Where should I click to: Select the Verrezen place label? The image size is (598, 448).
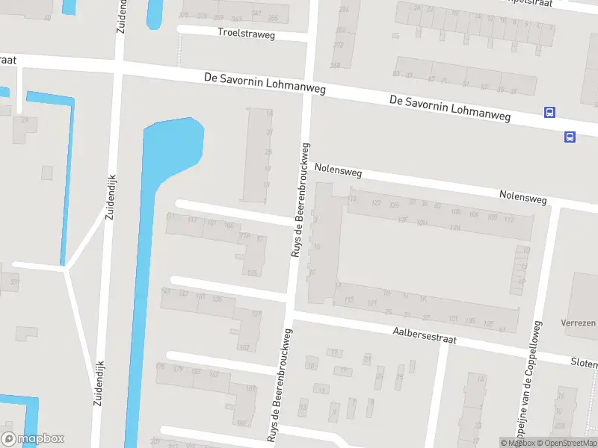[x=579, y=323]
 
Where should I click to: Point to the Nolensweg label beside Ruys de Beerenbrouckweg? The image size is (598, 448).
[x=339, y=171]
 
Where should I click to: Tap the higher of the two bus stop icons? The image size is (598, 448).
[x=550, y=113]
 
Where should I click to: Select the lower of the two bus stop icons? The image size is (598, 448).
[x=570, y=137]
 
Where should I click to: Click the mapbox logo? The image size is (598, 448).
[x=33, y=439]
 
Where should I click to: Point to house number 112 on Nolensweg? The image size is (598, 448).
[x=509, y=219]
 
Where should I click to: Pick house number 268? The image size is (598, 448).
[x=336, y=65]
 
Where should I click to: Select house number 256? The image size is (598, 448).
[x=344, y=10]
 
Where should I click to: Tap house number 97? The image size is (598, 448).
[x=260, y=239]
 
